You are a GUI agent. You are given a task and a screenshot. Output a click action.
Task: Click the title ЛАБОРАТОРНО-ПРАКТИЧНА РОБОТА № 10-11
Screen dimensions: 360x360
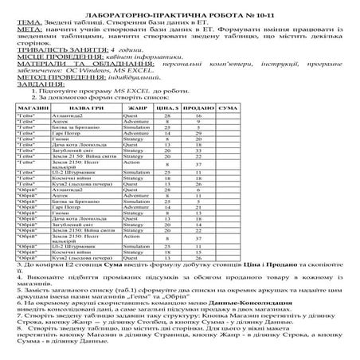click(x=180, y=6)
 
